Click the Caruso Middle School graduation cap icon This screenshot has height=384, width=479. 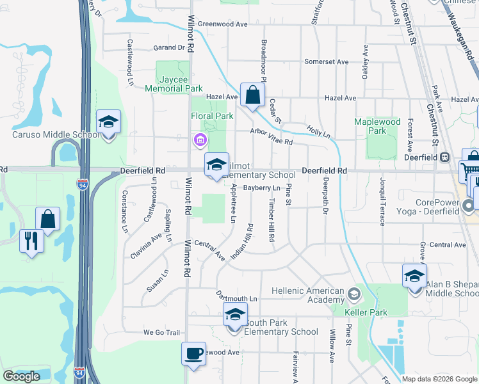pos(108,121)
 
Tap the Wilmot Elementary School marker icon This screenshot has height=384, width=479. pos(216,164)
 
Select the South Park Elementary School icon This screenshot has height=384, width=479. pos(235,314)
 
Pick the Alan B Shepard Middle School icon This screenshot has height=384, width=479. pos(414,276)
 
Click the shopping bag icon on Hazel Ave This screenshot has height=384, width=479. pos(253,95)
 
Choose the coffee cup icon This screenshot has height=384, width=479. pos(193,353)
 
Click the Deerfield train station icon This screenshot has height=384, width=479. pos(444,157)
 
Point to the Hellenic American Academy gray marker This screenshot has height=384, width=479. pos(353,295)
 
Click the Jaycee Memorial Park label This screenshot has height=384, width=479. pos(174,84)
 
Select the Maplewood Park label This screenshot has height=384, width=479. pos(377,126)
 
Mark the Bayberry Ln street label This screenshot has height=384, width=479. pos(262,188)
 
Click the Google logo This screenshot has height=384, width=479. pos(21,376)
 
